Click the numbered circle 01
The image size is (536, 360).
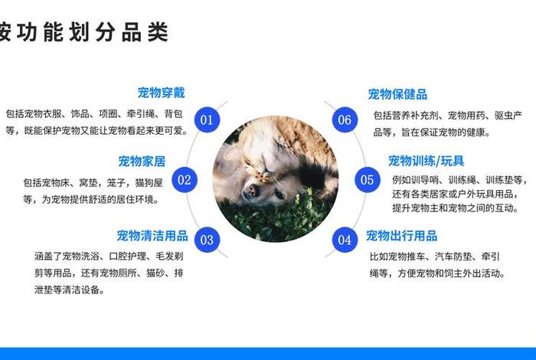(207, 119)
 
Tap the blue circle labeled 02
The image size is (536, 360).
(185, 181)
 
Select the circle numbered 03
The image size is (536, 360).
(207, 240)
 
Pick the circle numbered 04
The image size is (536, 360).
(345, 240)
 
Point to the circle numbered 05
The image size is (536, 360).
(368, 180)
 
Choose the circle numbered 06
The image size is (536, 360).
(345, 119)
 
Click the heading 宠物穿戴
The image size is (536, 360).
(161, 93)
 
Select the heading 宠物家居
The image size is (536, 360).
(142, 162)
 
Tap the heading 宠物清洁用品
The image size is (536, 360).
(152, 235)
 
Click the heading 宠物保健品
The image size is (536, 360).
(397, 94)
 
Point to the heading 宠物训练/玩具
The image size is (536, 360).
(426, 161)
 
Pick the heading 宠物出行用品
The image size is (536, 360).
(401, 235)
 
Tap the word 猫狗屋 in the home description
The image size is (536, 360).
(147, 183)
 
